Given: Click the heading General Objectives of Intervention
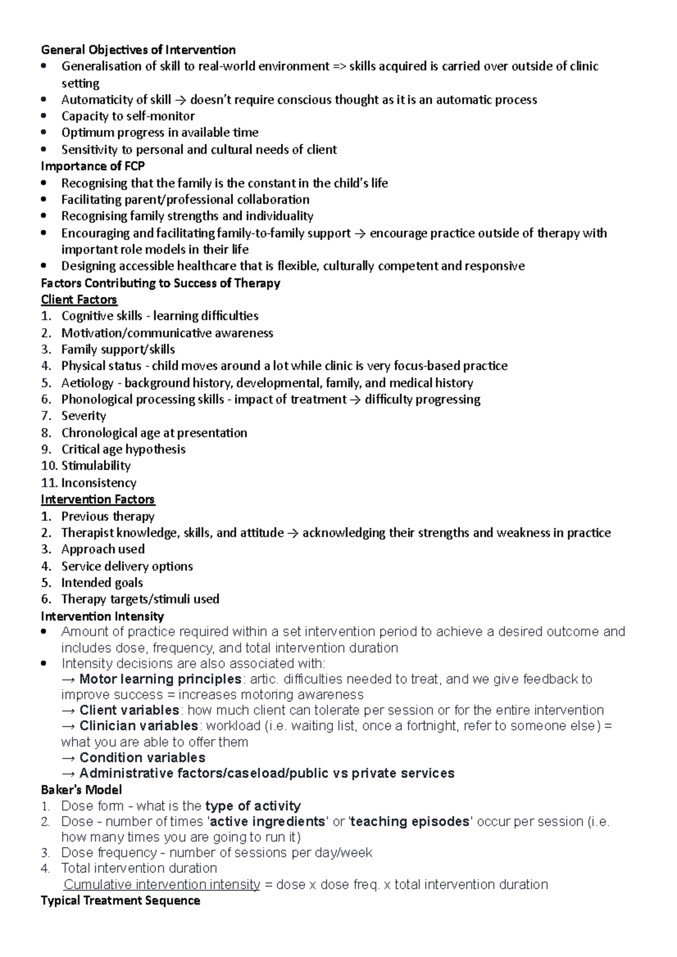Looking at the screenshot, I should click(138, 50).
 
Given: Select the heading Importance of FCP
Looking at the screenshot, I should click(93, 166).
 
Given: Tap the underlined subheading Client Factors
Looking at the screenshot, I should click(79, 299).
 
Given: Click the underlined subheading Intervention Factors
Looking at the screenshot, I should click(98, 499).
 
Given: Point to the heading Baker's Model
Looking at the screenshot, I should click(81, 790).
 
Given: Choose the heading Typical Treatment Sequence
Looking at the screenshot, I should click(120, 900).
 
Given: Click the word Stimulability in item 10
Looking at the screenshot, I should click(96, 466).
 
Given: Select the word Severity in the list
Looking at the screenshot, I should click(83, 416).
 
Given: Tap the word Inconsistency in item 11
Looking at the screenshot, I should click(99, 483).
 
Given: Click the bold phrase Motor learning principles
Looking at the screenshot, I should click(160, 679).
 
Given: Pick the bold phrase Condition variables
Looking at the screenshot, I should click(142, 757).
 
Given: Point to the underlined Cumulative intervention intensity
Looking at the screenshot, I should click(162, 884).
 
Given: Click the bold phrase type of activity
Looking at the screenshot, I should click(253, 806).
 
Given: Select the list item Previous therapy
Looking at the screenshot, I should click(108, 516).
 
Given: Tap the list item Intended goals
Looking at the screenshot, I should click(102, 583).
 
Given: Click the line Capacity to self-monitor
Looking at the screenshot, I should click(128, 116).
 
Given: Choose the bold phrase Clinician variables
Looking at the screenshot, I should click(139, 726).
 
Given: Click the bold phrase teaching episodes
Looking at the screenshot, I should click(410, 822).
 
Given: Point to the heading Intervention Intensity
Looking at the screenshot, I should click(102, 616).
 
